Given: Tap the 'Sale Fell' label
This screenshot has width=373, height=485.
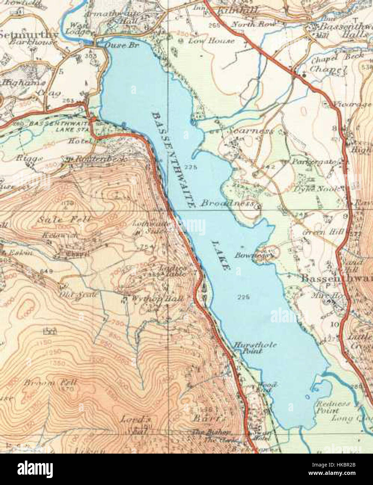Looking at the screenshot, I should point(66,220).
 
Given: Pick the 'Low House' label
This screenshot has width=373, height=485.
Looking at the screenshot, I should point(211,41).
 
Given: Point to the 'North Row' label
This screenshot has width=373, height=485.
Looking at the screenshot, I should point(248,24).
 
